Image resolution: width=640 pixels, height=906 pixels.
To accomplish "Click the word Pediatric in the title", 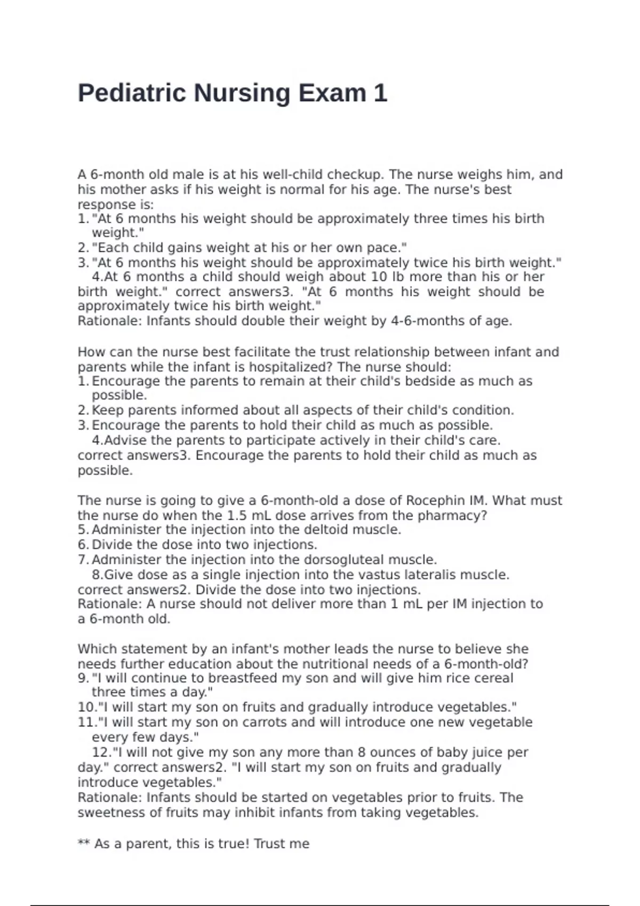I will [132, 93].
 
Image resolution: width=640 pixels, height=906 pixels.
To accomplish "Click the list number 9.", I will [83, 678].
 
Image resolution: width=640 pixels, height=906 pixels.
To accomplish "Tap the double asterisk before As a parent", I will [83, 843].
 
